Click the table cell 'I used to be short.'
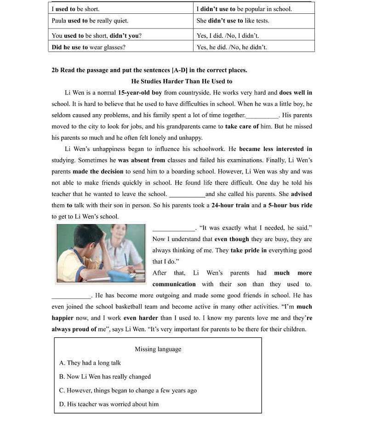(x=76, y=9)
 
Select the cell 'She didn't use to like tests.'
(x=233, y=21)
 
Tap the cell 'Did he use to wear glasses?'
(x=88, y=47)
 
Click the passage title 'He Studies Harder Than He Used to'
(x=182, y=81)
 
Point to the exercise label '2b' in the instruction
(x=55, y=70)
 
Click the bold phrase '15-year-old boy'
(x=140, y=92)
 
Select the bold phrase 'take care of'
(x=242, y=127)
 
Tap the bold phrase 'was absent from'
(x=142, y=160)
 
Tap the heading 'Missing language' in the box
(x=158, y=349)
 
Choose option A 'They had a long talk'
(x=90, y=363)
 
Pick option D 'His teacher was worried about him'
(x=109, y=404)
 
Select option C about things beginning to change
(x=128, y=390)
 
